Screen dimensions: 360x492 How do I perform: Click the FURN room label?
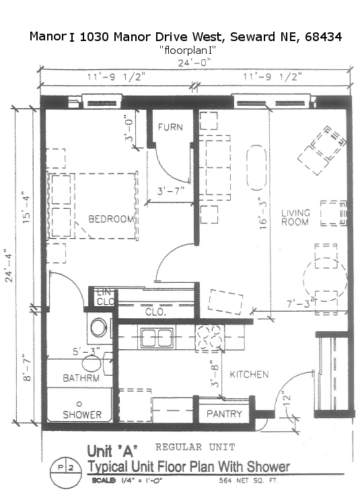pyautogui.click(x=170, y=127)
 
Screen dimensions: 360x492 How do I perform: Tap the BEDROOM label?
pyautogui.click(x=111, y=219)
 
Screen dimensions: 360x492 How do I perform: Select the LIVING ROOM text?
pyautogui.click(x=295, y=217)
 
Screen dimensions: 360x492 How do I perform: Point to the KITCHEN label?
pyautogui.click(x=249, y=374)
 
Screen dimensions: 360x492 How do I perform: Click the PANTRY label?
pyautogui.click(x=224, y=413)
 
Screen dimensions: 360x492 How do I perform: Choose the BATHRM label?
pyautogui.click(x=81, y=378)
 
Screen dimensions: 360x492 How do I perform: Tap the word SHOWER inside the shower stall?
pyautogui.click(x=82, y=415)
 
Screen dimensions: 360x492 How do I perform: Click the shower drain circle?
pyautogui.click(x=79, y=404)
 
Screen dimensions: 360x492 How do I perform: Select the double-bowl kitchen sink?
pyautogui.click(x=157, y=338)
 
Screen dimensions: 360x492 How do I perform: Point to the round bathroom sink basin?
pyautogui.click(x=98, y=328)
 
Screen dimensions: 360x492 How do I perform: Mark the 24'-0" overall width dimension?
pyautogui.click(x=194, y=63)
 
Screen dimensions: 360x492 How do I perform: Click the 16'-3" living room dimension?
pyautogui.click(x=263, y=213)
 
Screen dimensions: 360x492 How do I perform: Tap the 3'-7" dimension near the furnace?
pyautogui.click(x=170, y=190)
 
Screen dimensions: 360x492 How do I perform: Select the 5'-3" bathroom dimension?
pyautogui.click(x=86, y=351)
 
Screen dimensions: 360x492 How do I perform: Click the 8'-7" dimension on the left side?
pyautogui.click(x=27, y=367)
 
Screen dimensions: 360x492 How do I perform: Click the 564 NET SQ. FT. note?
pyautogui.click(x=248, y=481)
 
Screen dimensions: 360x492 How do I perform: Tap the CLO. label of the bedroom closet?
pyautogui.click(x=155, y=312)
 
